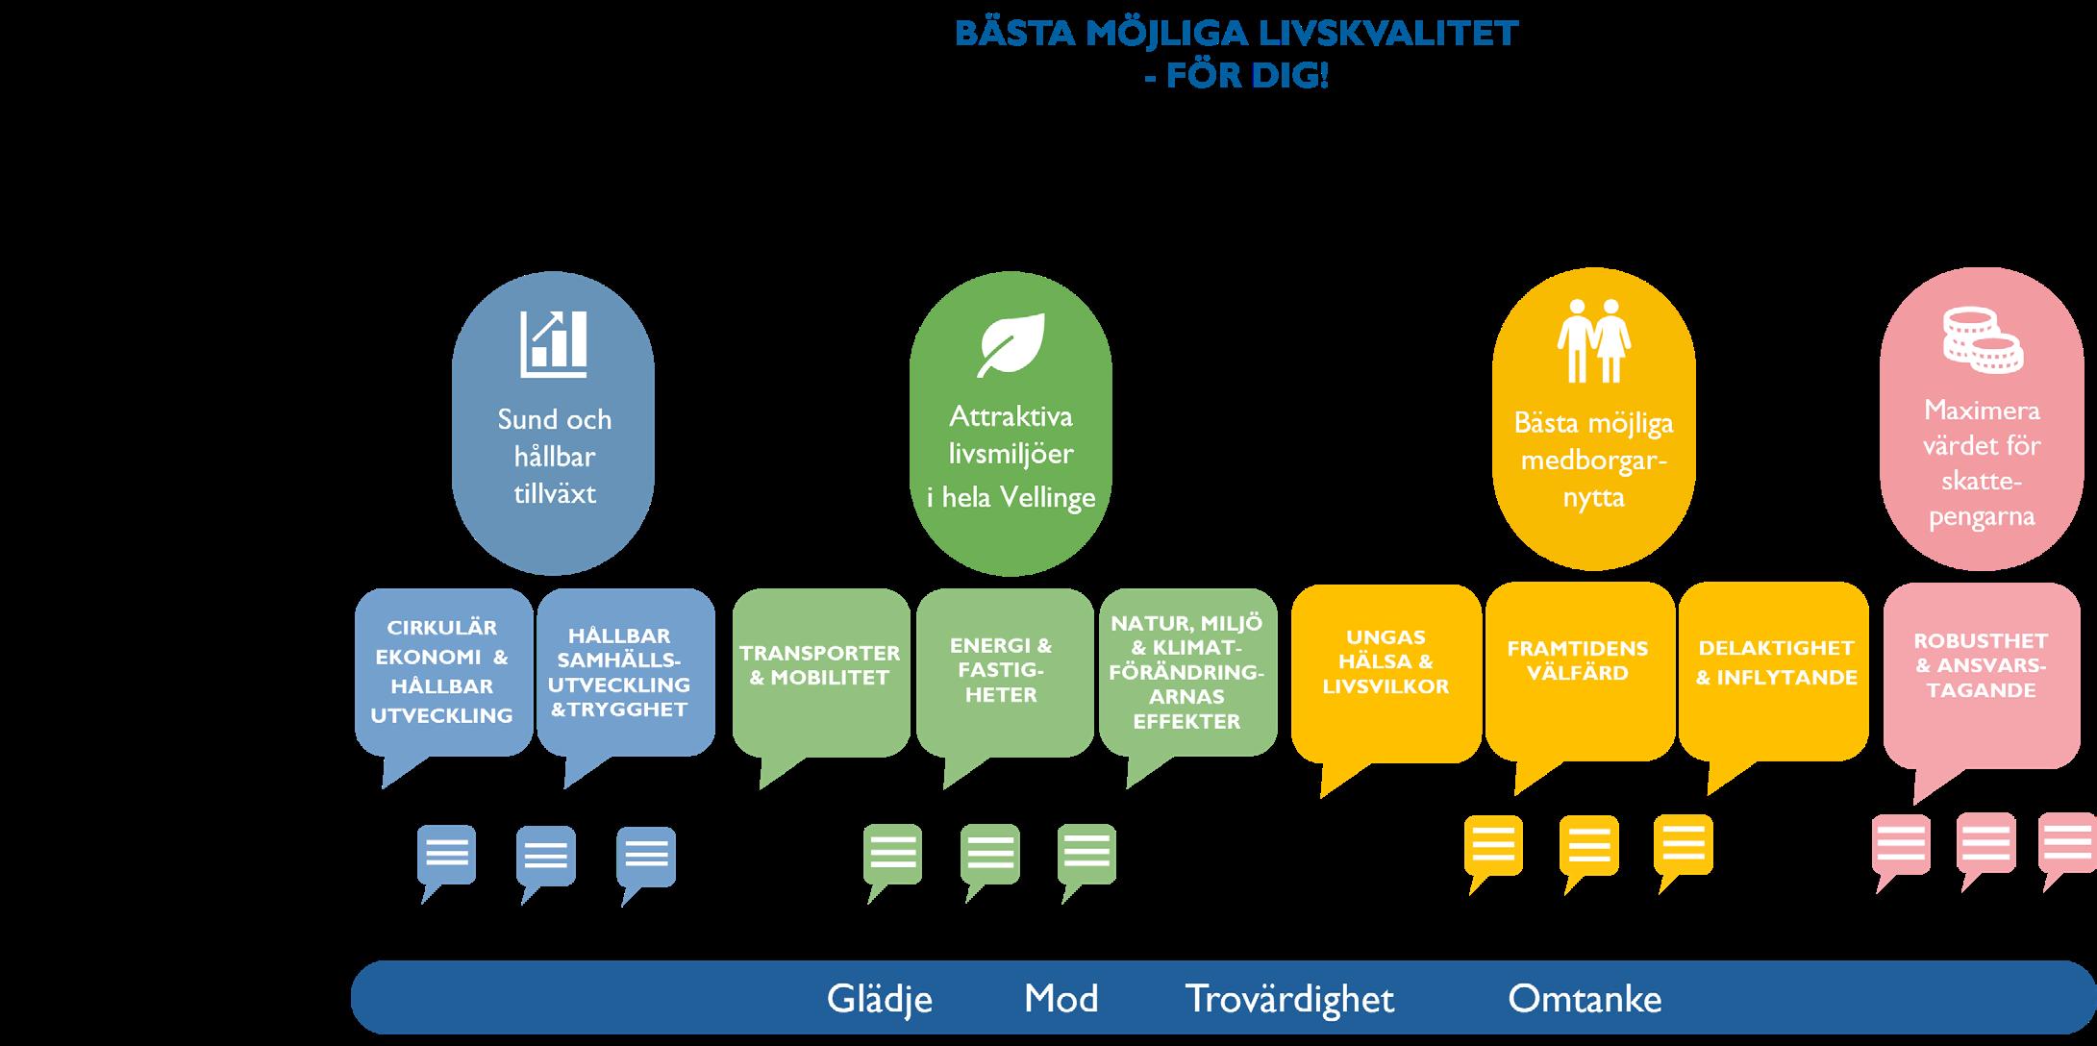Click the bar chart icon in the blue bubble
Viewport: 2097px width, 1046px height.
tap(554, 343)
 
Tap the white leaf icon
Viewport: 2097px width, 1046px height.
tap(1011, 345)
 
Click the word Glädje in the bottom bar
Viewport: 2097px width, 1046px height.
tap(879, 999)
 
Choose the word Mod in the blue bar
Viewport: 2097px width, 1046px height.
tap(1061, 999)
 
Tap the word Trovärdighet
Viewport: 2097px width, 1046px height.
tap(1288, 999)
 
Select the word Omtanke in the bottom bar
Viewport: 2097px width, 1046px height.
tap(1584, 999)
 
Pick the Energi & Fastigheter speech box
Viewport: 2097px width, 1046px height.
tap(1001, 670)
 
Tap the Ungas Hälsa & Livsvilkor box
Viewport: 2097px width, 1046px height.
tap(1386, 662)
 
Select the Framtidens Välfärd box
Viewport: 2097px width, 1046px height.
tap(1578, 661)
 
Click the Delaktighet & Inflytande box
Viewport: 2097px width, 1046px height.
tap(1775, 662)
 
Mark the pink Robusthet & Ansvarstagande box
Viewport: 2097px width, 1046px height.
tap(1981, 665)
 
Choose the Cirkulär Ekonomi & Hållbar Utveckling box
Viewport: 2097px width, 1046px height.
tap(442, 671)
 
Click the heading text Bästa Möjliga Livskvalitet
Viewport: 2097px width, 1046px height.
tap(1236, 34)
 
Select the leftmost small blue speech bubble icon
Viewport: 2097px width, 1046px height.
tap(446, 855)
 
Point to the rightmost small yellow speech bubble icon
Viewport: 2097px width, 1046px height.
tap(1683, 845)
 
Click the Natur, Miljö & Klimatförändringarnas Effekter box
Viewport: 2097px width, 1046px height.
tap(1186, 672)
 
